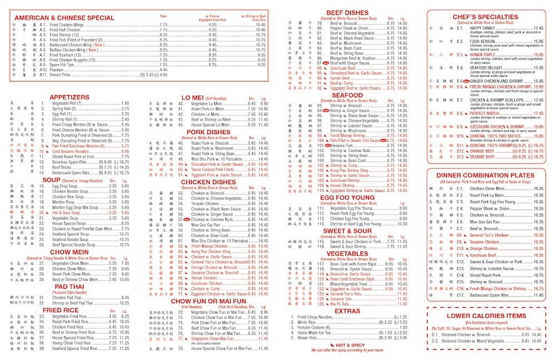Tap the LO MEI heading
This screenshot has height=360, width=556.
tap(192, 97)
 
